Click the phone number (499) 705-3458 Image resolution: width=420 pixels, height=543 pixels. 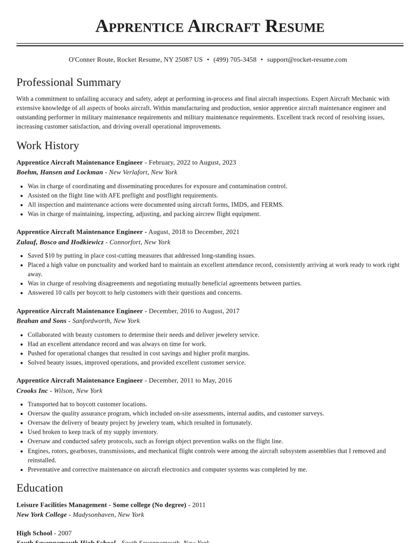click(x=235, y=60)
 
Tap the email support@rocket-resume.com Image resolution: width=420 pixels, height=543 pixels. click(x=307, y=60)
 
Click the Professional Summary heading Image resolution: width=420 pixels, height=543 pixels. click(x=69, y=82)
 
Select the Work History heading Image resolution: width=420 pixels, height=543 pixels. click(x=48, y=145)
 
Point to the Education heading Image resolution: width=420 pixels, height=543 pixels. click(x=40, y=488)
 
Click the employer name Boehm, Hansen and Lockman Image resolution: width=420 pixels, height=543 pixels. click(x=60, y=172)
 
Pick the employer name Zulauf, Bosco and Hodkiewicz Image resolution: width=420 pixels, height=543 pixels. click(x=60, y=242)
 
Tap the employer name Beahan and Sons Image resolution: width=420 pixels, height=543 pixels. click(x=41, y=321)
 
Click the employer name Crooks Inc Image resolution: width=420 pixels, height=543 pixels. click(x=32, y=391)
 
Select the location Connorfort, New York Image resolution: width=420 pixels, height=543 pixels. click(x=140, y=242)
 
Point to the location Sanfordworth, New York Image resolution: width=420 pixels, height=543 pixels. click(x=106, y=321)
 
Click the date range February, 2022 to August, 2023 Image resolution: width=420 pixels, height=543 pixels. click(x=192, y=163)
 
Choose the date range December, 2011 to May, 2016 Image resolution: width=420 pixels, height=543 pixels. click(x=190, y=380)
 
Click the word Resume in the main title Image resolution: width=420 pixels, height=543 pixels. click(x=295, y=26)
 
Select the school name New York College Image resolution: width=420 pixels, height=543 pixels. click(x=41, y=515)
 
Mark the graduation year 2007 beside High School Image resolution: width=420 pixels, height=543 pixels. click(x=65, y=533)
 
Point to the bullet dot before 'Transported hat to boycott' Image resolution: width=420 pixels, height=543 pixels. click(x=21, y=404)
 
